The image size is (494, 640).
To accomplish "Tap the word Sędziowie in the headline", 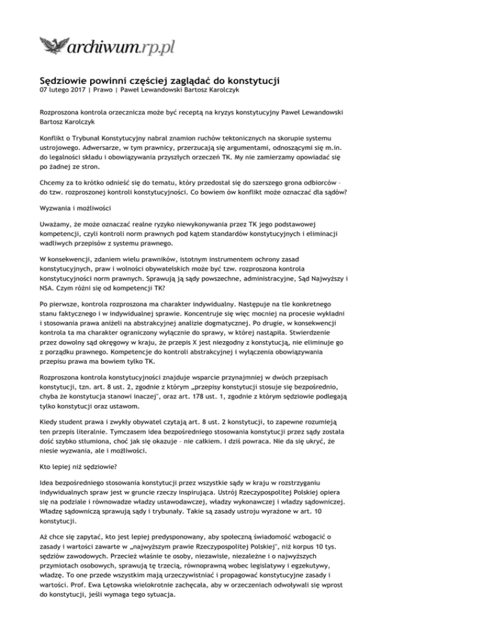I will (66, 81).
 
